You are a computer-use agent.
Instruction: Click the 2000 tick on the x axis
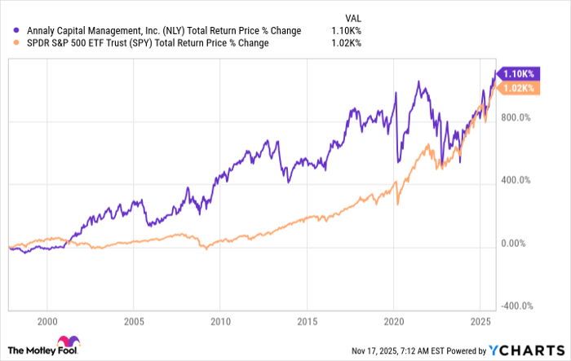pyautogui.click(x=48, y=321)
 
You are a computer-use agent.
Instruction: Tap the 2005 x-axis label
pyautogui.click(x=135, y=321)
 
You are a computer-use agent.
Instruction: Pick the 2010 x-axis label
pyautogui.click(x=221, y=321)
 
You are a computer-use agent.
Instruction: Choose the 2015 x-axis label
pyautogui.click(x=308, y=321)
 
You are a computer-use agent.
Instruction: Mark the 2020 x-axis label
pyautogui.click(x=394, y=321)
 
